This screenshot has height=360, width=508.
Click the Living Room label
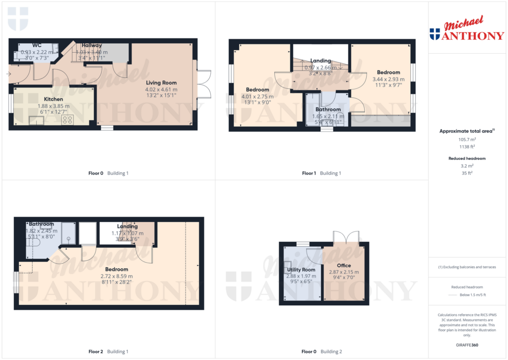point(161,83)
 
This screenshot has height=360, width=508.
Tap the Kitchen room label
point(54,99)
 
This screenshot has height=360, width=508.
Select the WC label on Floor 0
point(37,45)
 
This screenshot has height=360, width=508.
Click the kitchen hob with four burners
point(67,119)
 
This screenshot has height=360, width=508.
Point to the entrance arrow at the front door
point(8,74)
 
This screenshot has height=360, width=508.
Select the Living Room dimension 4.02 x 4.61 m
point(161,89)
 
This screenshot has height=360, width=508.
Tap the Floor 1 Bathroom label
point(328,110)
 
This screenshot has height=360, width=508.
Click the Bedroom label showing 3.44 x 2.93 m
point(388,72)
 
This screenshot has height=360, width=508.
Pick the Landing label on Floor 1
point(320,61)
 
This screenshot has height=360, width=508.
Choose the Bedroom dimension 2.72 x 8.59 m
point(117,276)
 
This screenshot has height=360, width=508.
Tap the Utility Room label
point(301,270)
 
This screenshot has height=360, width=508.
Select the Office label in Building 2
point(344,266)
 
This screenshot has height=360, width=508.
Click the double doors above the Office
point(345,237)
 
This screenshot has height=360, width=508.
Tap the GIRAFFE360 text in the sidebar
point(466,345)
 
